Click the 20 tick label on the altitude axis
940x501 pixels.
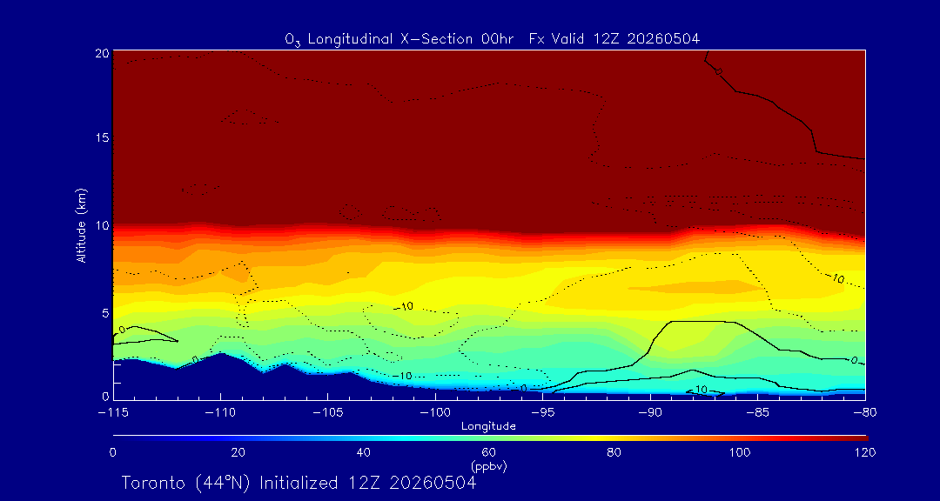(x=101, y=52)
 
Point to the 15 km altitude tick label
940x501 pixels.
(x=101, y=137)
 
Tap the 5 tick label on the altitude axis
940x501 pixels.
(x=105, y=312)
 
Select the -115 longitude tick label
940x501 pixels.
(x=114, y=413)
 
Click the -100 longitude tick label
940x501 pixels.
(x=435, y=413)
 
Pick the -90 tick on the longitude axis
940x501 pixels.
(x=650, y=413)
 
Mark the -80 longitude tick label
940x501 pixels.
(x=864, y=413)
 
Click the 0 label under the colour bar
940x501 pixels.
(x=112, y=452)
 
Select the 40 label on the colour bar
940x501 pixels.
(x=363, y=452)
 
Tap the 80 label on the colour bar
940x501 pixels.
(x=614, y=452)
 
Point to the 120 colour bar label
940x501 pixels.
(x=865, y=452)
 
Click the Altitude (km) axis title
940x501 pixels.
(x=81, y=224)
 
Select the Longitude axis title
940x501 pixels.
(x=488, y=427)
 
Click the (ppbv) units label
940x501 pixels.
(x=489, y=465)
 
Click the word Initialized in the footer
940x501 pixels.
(x=298, y=483)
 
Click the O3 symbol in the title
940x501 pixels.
(x=292, y=41)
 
